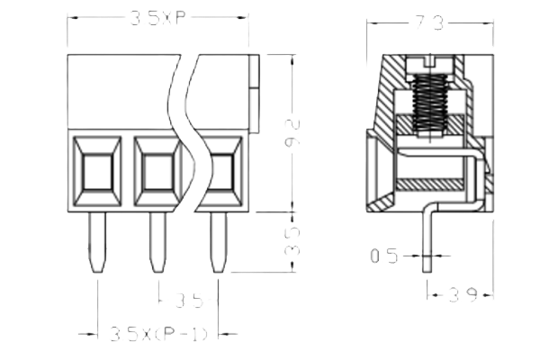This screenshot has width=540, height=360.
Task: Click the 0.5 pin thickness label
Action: pos(384,256)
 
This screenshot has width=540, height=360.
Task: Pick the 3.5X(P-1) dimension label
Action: pos(158,334)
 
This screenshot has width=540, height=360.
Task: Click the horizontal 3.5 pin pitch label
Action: pos(188,298)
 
